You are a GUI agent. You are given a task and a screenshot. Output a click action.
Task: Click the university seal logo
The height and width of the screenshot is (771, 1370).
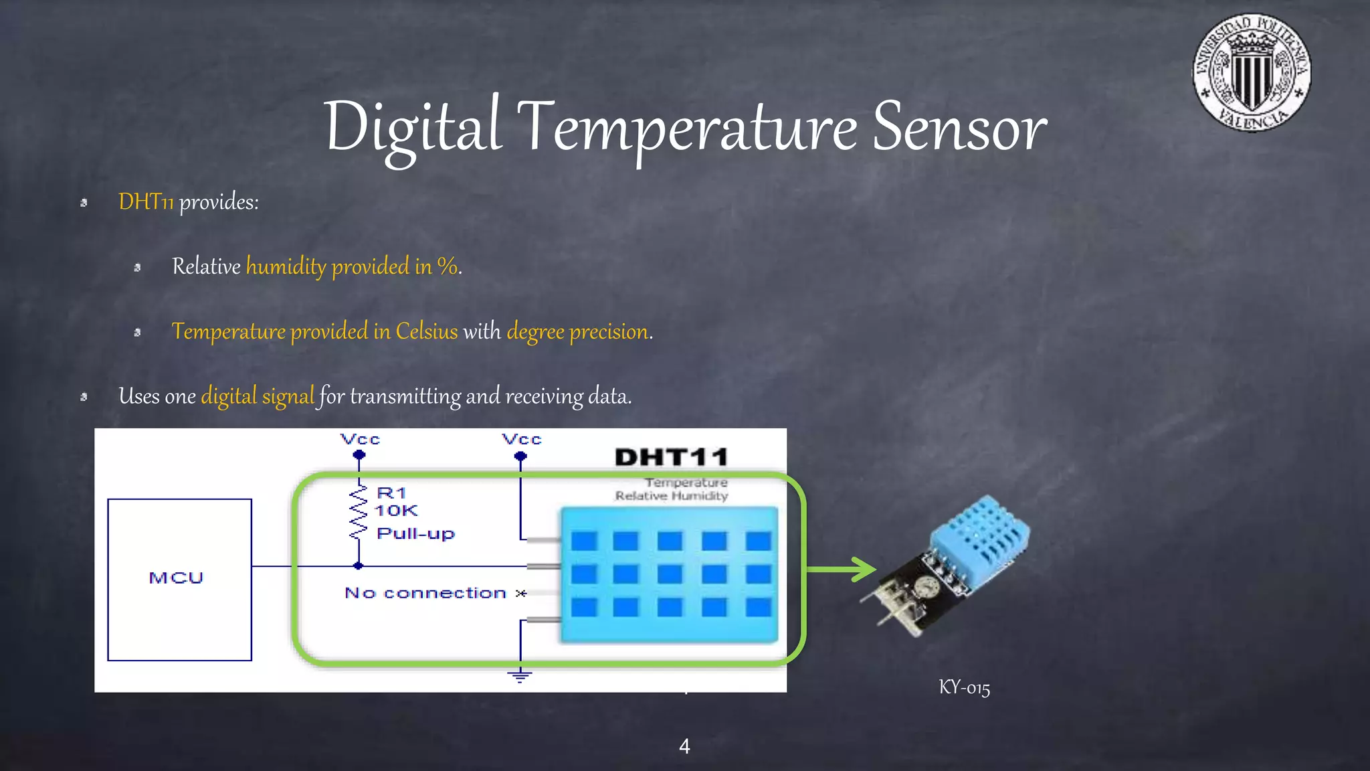1251,72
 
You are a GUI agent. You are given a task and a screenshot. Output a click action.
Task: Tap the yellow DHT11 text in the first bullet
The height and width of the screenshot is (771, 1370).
146,201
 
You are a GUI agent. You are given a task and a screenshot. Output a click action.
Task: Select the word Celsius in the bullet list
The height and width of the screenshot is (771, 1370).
426,331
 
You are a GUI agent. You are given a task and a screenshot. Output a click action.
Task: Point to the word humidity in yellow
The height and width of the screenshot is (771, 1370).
286,266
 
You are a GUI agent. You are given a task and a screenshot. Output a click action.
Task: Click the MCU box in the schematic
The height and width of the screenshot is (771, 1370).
179,579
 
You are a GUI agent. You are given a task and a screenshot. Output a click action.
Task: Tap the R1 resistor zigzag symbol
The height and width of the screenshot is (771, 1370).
359,513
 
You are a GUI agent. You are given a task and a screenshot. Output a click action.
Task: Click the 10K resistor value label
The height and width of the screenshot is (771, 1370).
396,511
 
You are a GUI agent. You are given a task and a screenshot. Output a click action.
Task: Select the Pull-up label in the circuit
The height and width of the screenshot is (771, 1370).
415,533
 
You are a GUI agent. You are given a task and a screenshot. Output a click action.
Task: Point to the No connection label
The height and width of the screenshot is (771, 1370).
425,593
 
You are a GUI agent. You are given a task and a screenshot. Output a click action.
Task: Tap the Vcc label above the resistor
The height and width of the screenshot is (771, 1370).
360,440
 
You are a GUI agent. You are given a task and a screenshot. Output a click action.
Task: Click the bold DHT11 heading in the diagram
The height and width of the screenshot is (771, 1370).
671,457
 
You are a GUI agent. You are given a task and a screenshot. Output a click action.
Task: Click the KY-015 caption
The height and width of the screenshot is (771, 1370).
964,687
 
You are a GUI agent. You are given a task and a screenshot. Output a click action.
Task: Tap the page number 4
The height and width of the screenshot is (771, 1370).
684,746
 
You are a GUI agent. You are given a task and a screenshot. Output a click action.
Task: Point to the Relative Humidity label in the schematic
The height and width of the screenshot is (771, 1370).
671,496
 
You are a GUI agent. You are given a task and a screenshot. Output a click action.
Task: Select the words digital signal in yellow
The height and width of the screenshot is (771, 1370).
258,396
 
